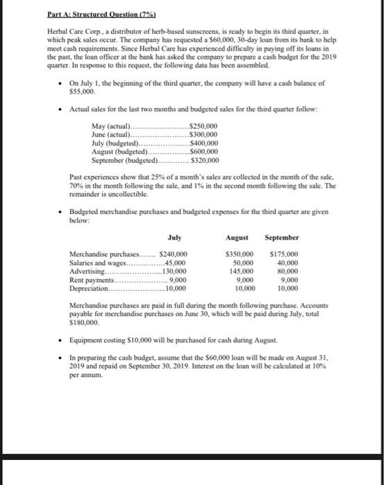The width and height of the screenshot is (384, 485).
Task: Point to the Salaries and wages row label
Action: click(x=97, y=263)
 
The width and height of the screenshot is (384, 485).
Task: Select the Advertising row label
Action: click(x=89, y=272)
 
